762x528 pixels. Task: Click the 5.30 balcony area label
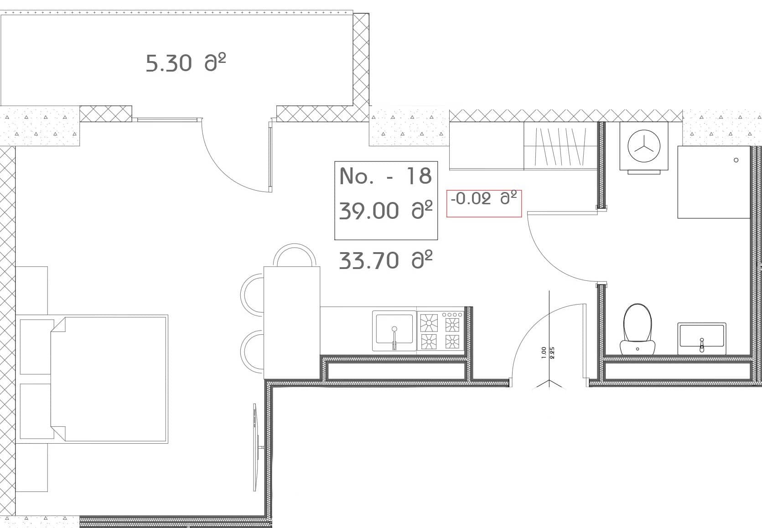click(x=186, y=63)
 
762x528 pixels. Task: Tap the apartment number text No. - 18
click(x=385, y=176)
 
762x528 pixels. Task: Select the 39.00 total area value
click(x=385, y=211)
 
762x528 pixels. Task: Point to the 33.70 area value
click(x=385, y=260)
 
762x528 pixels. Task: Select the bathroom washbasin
click(x=701, y=339)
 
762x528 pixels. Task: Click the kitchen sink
click(x=394, y=331)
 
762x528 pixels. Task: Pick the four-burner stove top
click(x=441, y=331)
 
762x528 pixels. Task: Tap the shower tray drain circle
click(x=736, y=160)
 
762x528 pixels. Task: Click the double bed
click(x=109, y=378)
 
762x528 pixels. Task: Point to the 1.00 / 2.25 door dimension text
click(x=548, y=352)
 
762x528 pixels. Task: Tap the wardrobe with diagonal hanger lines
click(x=560, y=146)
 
